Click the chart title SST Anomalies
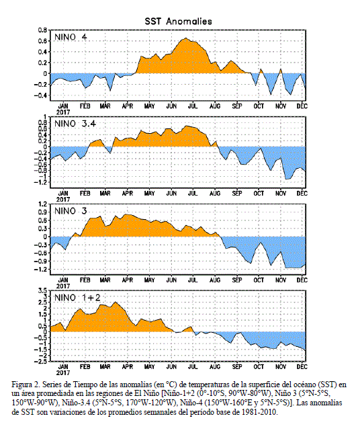click(x=178, y=22)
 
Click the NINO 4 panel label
click(x=71, y=37)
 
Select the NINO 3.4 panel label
click(x=75, y=124)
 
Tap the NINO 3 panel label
click(x=71, y=211)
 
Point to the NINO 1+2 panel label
click(x=77, y=298)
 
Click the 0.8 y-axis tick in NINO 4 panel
click(x=43, y=30)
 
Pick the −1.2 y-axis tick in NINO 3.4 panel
click(x=41, y=183)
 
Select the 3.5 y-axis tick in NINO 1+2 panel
click(x=43, y=290)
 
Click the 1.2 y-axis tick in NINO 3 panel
click(x=43, y=204)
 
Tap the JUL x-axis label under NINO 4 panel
click(x=193, y=106)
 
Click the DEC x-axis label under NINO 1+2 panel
click(x=302, y=367)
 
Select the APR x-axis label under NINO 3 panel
click(x=128, y=280)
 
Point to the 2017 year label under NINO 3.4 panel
click(x=63, y=200)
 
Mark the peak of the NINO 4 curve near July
click(x=186, y=38)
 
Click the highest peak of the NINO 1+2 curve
click(x=116, y=302)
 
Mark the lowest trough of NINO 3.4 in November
click(x=286, y=179)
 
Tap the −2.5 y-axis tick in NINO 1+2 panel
click(x=41, y=362)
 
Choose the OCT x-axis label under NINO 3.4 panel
click(x=259, y=194)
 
